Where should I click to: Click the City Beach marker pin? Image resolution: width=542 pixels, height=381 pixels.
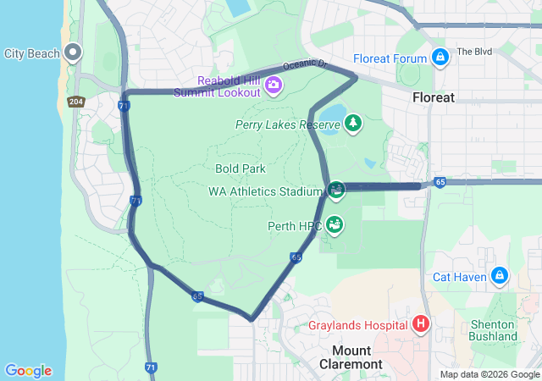tap(73, 52)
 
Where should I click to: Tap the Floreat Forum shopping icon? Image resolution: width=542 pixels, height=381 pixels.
tap(440, 58)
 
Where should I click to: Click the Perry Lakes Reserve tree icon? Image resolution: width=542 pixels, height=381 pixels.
tap(353, 124)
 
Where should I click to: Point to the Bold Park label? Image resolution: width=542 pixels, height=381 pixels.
tap(241, 168)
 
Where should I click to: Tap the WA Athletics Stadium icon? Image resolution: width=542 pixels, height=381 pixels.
tap(336, 190)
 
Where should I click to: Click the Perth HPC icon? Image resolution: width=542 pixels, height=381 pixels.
tap(335, 225)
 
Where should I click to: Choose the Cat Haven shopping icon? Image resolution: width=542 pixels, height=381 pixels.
tap(500, 276)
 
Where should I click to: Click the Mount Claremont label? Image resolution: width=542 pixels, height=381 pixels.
tap(351, 357)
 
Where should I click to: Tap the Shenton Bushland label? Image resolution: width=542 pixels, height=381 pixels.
tap(492, 330)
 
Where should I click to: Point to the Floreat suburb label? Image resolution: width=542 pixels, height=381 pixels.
tap(434, 97)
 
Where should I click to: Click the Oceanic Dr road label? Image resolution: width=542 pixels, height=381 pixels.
tap(305, 64)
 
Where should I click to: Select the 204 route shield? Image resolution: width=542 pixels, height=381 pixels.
tap(76, 102)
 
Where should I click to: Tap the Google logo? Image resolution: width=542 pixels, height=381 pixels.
tap(28, 371)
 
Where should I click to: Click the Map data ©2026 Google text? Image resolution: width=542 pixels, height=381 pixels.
tap(489, 375)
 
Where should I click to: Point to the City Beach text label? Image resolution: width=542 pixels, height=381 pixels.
tap(32, 53)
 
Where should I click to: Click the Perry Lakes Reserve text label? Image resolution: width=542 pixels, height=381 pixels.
tap(288, 124)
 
